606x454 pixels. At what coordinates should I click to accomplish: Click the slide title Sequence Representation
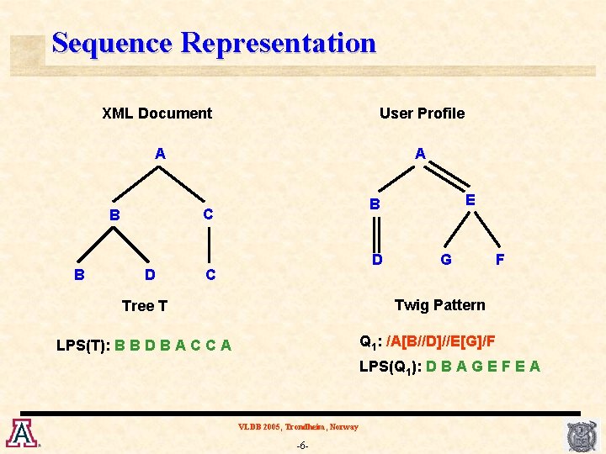214,43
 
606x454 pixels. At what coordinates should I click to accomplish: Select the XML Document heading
157,113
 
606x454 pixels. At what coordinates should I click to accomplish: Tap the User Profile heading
422,113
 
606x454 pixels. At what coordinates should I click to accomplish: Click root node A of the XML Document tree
160,154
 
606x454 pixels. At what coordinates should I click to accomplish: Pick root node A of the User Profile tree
420,153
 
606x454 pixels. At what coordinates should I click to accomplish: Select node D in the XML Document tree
149,274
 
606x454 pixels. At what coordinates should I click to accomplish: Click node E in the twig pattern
470,200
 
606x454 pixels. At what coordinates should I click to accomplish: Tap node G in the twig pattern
446,260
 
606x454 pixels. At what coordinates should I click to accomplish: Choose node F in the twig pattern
500,260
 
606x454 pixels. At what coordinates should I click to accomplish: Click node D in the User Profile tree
377,260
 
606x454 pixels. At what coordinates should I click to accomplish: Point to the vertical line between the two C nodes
210,245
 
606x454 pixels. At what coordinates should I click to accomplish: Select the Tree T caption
145,306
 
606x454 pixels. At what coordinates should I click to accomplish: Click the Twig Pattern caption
439,304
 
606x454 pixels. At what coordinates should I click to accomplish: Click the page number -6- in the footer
302,445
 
